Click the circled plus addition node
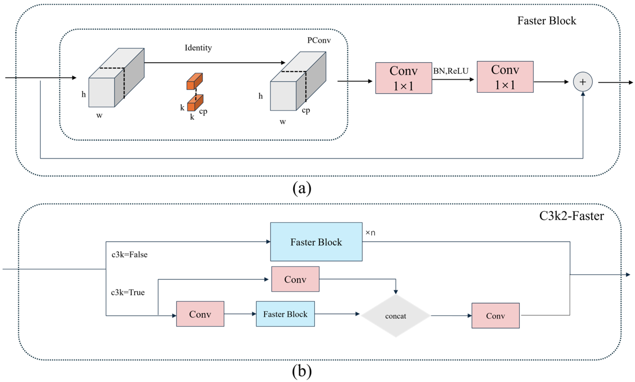click(x=583, y=82)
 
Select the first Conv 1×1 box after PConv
click(x=403, y=78)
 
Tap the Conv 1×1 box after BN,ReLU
click(x=505, y=77)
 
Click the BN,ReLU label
click(x=451, y=71)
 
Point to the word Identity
click(x=198, y=48)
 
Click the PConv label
click(x=319, y=40)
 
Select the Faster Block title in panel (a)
click(x=547, y=21)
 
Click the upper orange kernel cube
click(x=195, y=81)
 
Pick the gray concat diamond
click(x=396, y=316)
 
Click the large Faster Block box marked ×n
click(x=316, y=242)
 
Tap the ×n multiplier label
click(x=370, y=233)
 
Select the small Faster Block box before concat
click(x=285, y=314)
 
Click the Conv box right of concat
click(x=495, y=316)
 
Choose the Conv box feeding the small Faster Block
click(x=200, y=314)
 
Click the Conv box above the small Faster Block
click(x=295, y=279)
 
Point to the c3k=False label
click(x=129, y=255)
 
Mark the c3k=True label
click(x=128, y=292)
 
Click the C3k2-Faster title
click(x=571, y=216)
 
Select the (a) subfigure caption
click(x=302, y=188)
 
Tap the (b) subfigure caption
click(x=302, y=371)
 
